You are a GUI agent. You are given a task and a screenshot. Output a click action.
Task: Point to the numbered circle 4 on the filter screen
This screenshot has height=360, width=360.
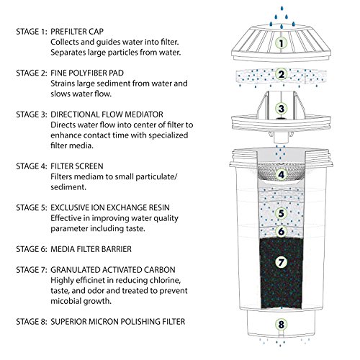282,174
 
